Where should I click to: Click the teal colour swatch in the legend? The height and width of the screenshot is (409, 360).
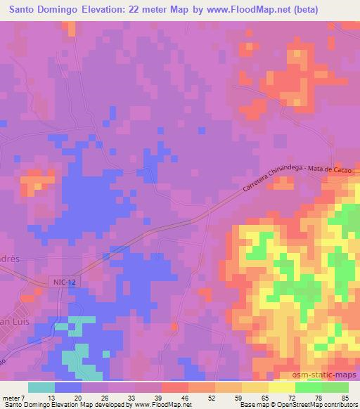[x=41, y=387]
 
